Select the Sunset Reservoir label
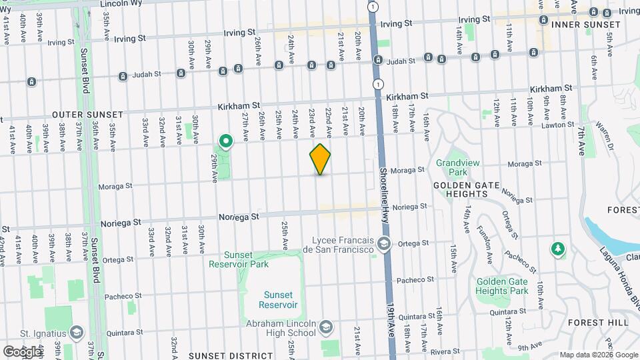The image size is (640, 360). tap(278, 299)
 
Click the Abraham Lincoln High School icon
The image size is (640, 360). tap(325, 327)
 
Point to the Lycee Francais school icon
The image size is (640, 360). tap(383, 244)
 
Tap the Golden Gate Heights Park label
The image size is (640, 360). tap(502, 286)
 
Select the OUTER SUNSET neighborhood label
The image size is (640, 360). tap(40, 115)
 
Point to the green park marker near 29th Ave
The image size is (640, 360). tap(226, 141)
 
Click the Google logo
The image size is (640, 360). tap(21, 351)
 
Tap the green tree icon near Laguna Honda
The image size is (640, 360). tap(557, 249)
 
